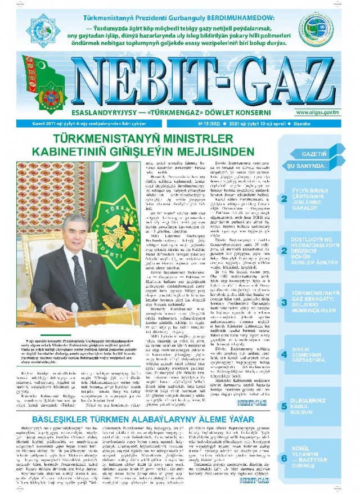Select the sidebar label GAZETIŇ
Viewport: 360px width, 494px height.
[x=310, y=153]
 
